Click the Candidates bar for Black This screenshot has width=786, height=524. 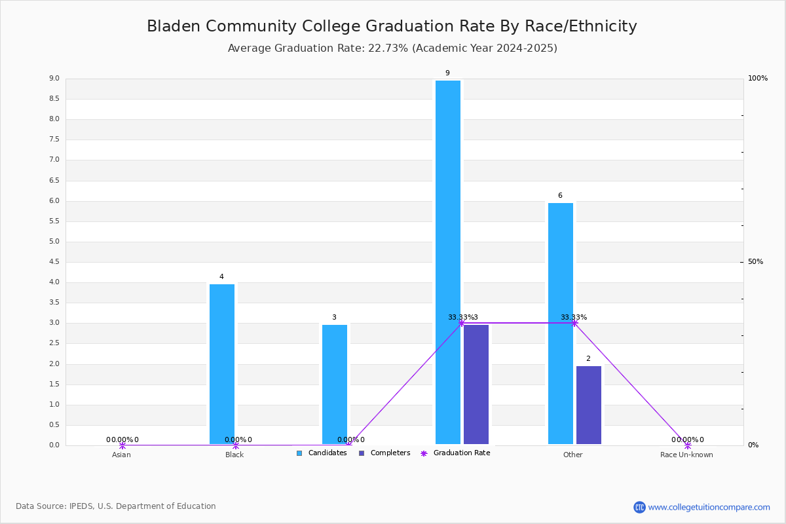[222, 364]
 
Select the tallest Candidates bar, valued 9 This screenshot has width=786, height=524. [448, 262]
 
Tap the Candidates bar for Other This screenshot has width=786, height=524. [561, 324]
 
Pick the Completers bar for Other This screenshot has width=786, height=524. [589, 405]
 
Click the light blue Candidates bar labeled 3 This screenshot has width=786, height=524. [335, 384]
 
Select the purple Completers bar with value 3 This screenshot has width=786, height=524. [476, 384]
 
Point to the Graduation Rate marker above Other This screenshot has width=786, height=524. [574, 323]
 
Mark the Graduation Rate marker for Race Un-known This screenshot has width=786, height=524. [687, 445]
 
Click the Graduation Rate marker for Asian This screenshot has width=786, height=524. [122, 445]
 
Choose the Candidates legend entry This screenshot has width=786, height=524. [322, 453]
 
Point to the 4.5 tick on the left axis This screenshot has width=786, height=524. [54, 262]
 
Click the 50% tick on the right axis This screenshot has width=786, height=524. [755, 262]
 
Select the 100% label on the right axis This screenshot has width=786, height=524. [758, 79]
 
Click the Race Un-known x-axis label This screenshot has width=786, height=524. [686, 455]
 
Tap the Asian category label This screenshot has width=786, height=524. [121, 455]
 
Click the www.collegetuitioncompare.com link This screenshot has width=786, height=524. [709, 507]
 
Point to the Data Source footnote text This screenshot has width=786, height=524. [116, 506]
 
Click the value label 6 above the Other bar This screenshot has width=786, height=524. [560, 196]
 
